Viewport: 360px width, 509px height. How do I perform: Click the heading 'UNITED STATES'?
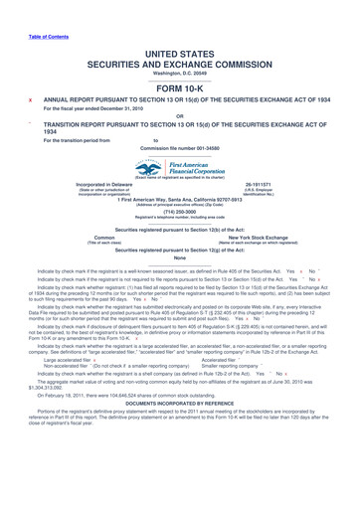coord(180,34)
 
